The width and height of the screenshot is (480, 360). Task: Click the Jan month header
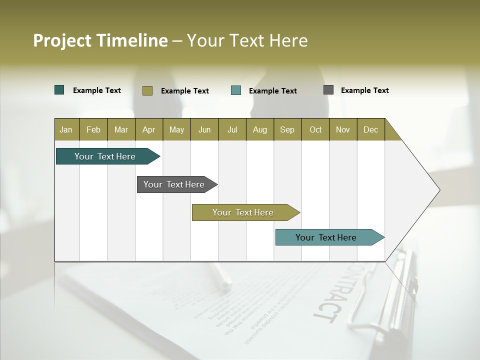[66, 129]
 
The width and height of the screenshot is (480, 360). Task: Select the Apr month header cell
[148, 129]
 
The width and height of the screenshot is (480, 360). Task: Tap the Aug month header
[259, 129]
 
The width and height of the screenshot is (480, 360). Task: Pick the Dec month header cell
[370, 129]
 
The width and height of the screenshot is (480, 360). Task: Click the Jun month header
[204, 129]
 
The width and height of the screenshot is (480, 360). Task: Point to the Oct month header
[315, 129]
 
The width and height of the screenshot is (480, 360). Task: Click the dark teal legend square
[59, 90]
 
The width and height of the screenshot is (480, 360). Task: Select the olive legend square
[147, 90]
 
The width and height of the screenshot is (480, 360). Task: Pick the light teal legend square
[236, 90]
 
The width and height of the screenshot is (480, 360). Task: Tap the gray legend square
[328, 90]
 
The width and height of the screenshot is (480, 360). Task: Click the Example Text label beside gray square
[364, 90]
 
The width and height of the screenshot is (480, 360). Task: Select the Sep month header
[287, 129]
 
